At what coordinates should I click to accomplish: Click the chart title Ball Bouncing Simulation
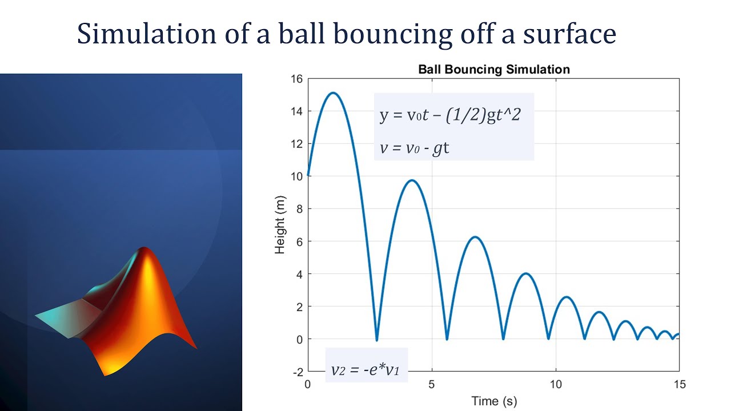pyautogui.click(x=494, y=70)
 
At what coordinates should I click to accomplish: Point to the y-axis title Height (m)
pyautogui.click(x=280, y=226)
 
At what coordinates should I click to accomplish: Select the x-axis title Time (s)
pyautogui.click(x=493, y=401)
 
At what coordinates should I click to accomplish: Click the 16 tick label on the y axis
pyautogui.click(x=296, y=79)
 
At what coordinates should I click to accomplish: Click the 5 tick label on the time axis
pyautogui.click(x=432, y=384)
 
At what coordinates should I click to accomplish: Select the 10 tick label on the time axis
pyautogui.click(x=556, y=384)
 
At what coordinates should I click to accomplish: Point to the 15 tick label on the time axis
pyautogui.click(x=679, y=384)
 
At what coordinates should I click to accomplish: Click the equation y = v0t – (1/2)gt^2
pyautogui.click(x=450, y=115)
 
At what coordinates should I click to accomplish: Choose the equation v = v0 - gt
pyautogui.click(x=415, y=148)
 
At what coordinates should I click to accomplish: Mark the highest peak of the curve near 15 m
pyautogui.click(x=333, y=93)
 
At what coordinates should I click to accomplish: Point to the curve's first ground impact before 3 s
pyautogui.click(x=376, y=340)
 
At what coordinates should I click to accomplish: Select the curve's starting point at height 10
pyautogui.click(x=308, y=176)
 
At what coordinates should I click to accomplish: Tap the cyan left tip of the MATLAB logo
pyautogui.click(x=38, y=315)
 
